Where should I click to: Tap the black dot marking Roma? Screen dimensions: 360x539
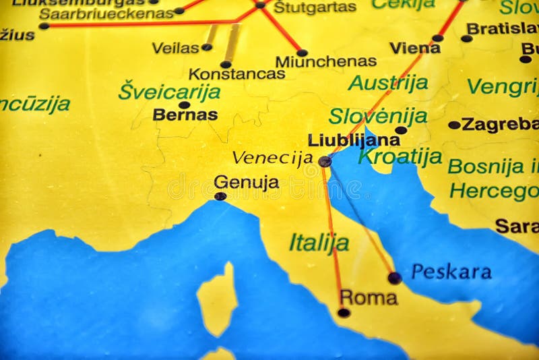(344, 313)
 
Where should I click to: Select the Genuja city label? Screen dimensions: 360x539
(246, 182)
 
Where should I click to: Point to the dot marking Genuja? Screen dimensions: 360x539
(220, 196)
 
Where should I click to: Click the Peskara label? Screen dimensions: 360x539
(451, 272)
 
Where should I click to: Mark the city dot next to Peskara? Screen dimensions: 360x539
(395, 277)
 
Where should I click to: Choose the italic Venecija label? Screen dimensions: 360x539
(272, 158)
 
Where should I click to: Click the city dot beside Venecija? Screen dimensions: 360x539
(325, 162)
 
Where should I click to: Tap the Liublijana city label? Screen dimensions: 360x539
(354, 140)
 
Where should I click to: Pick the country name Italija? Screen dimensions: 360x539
(319, 243)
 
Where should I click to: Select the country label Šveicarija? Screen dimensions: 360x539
(169, 91)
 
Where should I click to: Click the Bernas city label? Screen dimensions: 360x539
(185, 115)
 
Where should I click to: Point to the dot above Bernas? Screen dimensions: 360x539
(184, 104)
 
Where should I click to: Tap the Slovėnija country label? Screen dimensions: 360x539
(377, 116)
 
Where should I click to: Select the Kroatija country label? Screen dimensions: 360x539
(400, 156)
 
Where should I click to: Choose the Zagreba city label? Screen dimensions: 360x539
(499, 125)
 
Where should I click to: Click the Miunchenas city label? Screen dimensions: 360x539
(325, 61)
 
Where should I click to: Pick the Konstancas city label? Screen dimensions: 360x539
(236, 74)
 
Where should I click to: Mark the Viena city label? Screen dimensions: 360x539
(415, 48)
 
